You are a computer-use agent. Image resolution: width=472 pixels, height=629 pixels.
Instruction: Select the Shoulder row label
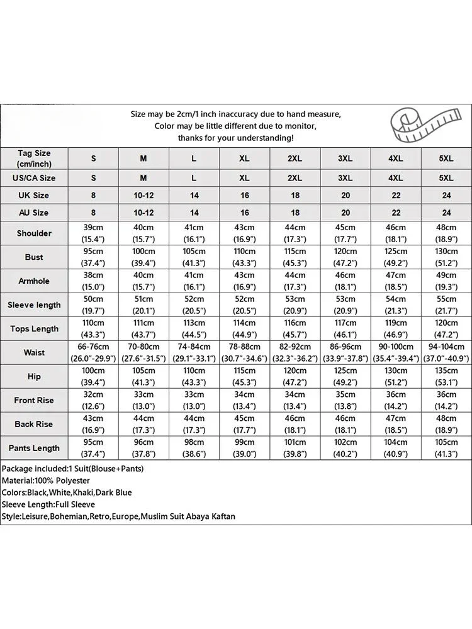(34, 233)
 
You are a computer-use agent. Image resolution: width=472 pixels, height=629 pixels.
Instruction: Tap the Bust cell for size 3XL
(346, 257)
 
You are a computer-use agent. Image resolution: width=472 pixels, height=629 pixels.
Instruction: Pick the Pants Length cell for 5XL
(446, 448)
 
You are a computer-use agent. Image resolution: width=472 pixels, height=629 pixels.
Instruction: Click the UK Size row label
(34, 195)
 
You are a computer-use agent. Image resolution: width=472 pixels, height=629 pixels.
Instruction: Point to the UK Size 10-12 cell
(143, 196)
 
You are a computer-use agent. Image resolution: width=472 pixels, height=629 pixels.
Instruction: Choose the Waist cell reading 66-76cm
(93, 353)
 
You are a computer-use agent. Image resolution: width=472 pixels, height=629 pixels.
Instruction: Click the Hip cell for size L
(194, 376)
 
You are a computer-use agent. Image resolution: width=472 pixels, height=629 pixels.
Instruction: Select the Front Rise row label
(34, 400)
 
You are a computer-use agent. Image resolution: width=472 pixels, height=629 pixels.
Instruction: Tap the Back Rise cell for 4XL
(396, 424)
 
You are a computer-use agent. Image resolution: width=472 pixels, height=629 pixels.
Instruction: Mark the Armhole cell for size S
(93, 281)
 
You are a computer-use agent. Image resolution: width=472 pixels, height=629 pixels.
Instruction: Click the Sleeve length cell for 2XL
(295, 305)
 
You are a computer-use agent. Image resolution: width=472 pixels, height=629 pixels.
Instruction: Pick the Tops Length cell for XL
(245, 329)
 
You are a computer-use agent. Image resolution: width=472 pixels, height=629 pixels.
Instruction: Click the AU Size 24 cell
(446, 213)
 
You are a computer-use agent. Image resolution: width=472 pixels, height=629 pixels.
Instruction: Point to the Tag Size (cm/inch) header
(34, 158)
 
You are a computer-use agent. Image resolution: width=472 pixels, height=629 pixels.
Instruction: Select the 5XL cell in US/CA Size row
(446, 178)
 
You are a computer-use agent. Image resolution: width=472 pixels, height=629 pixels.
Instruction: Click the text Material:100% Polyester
(46, 481)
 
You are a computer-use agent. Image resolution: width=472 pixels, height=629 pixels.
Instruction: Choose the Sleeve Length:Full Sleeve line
(48, 504)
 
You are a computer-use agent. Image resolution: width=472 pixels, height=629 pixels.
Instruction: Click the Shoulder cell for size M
(143, 233)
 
